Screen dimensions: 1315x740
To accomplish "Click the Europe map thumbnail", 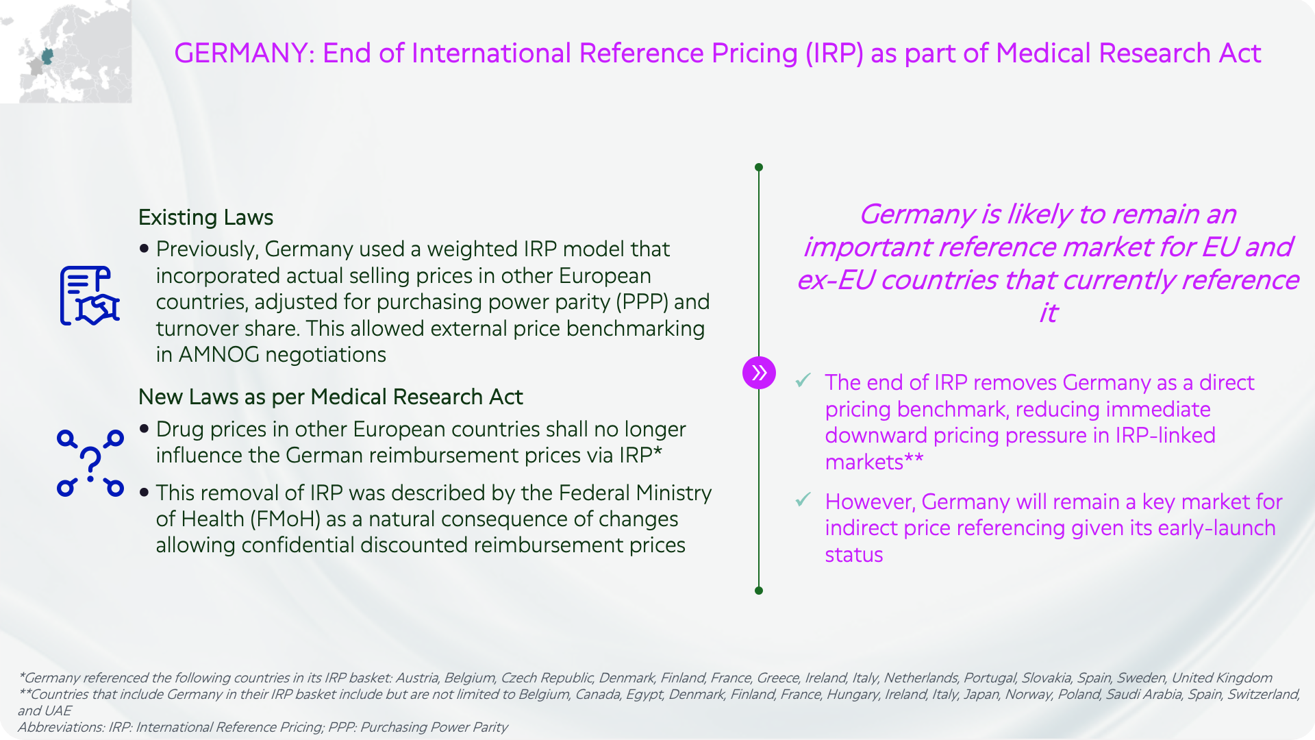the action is [x=66, y=51].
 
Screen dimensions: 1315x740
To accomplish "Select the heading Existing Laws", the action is [x=205, y=217].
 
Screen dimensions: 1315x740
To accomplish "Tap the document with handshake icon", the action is [x=90, y=295].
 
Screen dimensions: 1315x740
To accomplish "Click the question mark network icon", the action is [x=90, y=463].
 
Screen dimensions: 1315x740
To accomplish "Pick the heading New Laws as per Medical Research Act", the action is [x=330, y=397].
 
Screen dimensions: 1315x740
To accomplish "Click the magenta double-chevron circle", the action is [x=759, y=373].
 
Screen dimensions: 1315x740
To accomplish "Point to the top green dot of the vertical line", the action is [x=759, y=167].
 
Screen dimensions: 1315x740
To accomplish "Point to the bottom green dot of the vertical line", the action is [x=759, y=591].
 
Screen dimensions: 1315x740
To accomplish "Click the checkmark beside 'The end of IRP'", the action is [x=803, y=380].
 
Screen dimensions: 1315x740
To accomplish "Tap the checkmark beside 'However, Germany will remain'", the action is [x=803, y=500].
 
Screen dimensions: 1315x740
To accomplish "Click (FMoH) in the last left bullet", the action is [x=286, y=519].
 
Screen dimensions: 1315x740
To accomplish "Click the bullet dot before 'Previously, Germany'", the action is [x=144, y=248].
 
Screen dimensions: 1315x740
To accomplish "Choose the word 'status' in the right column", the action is [x=854, y=555].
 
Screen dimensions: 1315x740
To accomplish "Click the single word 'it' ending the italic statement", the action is [x=1048, y=313].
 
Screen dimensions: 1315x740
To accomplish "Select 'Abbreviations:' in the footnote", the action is [x=61, y=728].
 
